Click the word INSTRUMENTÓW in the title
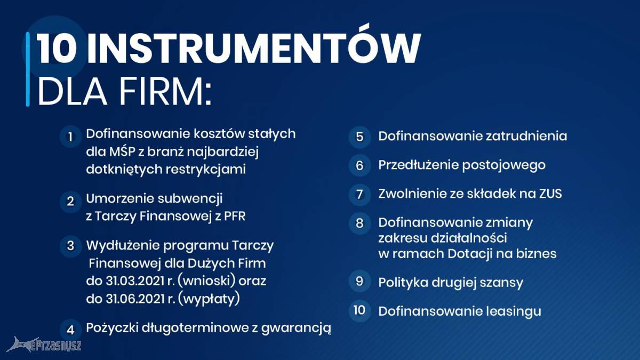254,48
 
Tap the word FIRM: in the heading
166,91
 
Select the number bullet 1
70,137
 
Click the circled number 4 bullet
70,330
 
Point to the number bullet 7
359,195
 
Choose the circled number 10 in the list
359,310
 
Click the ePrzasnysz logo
44,345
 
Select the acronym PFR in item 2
235,217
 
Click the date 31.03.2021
135,281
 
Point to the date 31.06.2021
135,299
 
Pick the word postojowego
504,166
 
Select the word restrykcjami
206,169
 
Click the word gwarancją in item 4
296,329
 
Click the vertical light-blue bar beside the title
28,69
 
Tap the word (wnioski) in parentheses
206,281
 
